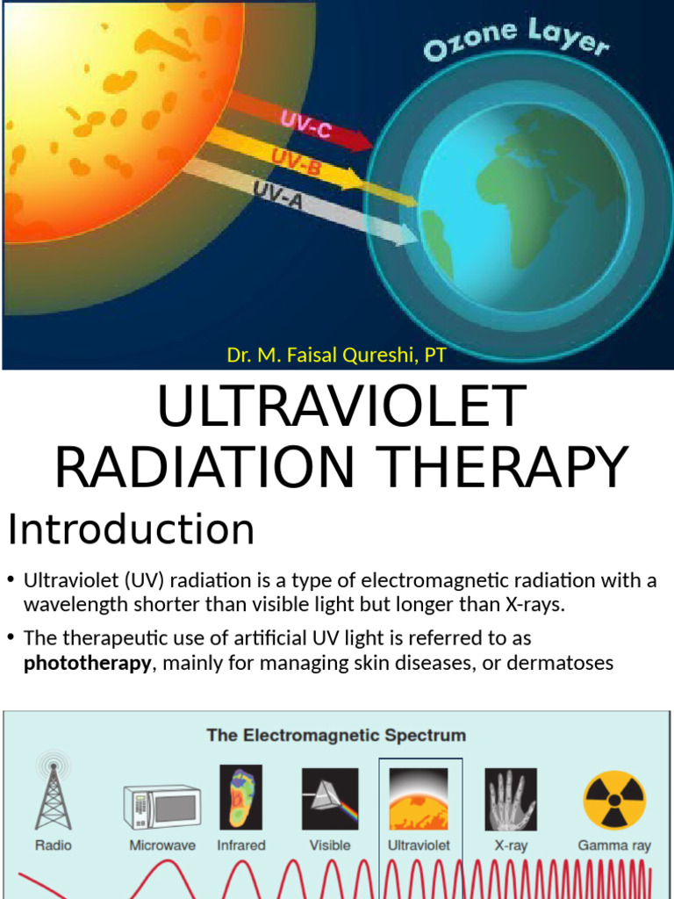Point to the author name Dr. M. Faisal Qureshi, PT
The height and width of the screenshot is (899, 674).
tap(336, 356)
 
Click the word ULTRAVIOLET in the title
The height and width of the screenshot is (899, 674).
tap(341, 408)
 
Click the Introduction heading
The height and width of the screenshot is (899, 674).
tap(132, 530)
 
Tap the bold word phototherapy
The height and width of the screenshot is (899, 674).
tap(87, 663)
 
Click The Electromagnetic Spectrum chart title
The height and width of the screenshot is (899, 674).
tap(336, 735)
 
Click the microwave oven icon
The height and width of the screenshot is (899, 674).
tap(161, 807)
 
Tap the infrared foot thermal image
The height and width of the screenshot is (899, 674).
tap(240, 797)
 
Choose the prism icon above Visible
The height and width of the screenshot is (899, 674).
tap(330, 799)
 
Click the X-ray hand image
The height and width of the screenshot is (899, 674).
tap(510, 799)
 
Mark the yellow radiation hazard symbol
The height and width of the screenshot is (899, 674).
tap(614, 799)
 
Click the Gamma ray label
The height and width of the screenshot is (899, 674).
tap(614, 845)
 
